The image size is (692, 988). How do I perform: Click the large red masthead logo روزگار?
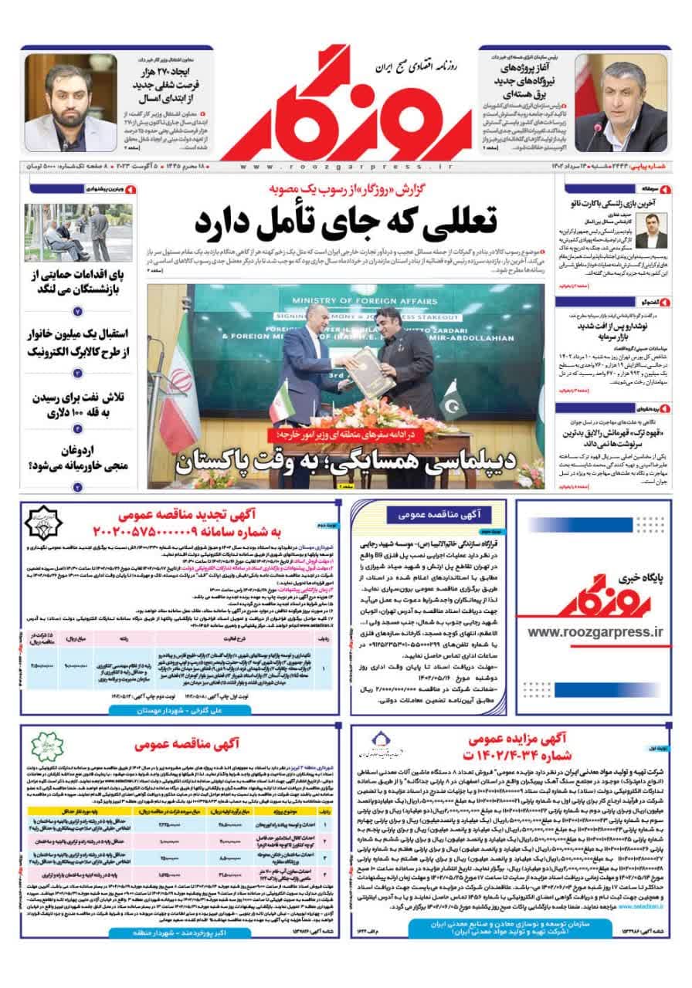click(346, 100)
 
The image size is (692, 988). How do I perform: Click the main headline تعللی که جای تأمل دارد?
click(345, 221)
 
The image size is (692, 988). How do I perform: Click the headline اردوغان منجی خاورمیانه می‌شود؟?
click(77, 458)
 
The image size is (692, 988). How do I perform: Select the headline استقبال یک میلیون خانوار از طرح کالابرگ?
click(77, 343)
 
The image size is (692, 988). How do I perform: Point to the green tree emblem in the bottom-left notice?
click(44, 748)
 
